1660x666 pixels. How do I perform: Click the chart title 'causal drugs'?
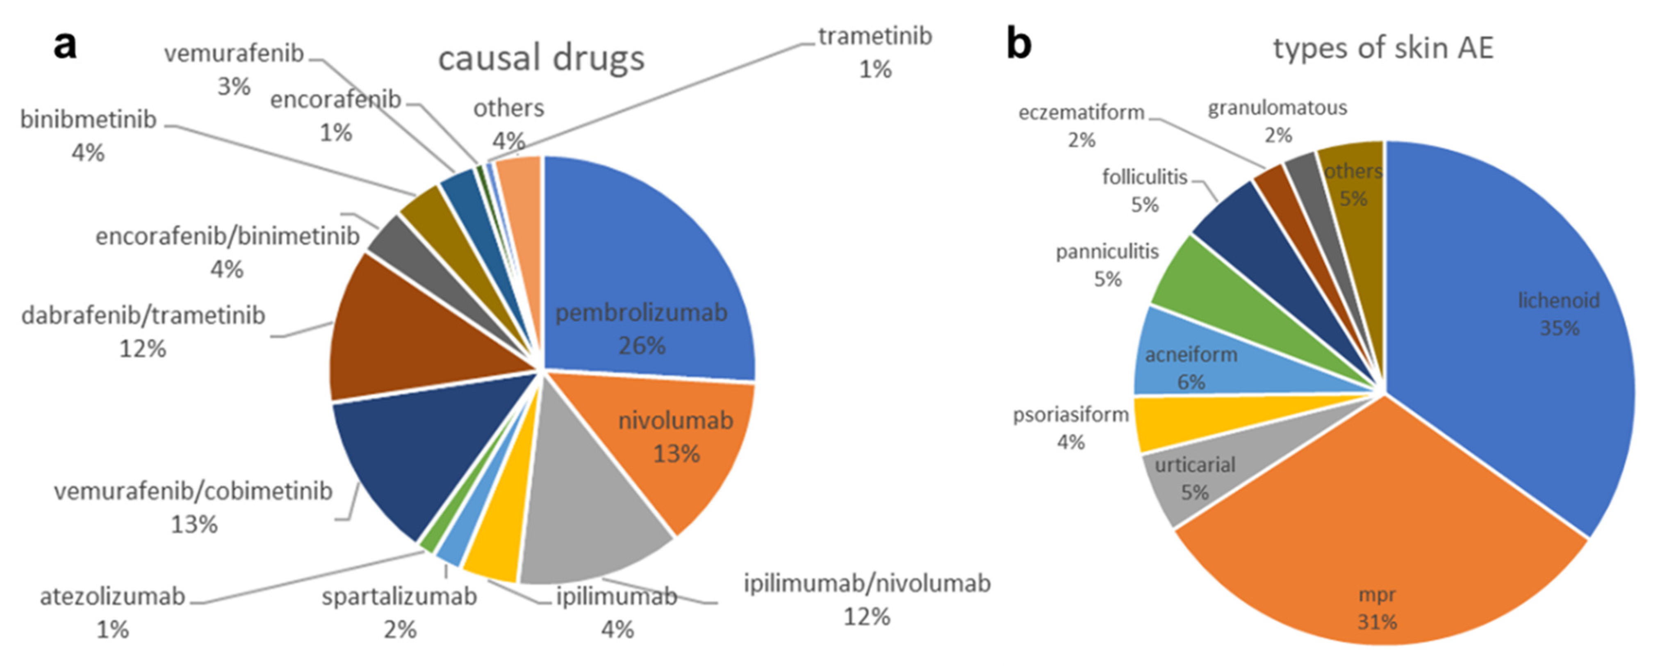click(x=541, y=58)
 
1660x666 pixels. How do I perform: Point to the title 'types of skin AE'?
click(x=1383, y=48)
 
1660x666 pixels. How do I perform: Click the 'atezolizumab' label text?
click(x=113, y=597)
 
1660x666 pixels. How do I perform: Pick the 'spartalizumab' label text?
click(x=400, y=597)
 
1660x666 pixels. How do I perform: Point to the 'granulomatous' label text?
click(x=1277, y=108)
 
